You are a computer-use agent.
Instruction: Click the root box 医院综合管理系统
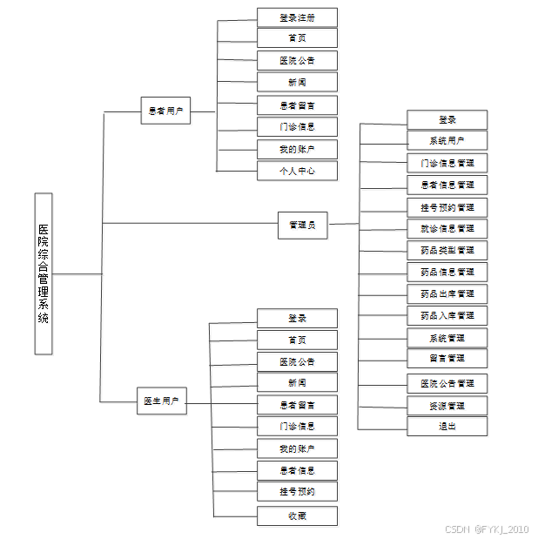(44, 273)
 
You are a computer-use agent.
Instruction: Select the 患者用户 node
(165, 111)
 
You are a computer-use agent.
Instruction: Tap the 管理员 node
(302, 225)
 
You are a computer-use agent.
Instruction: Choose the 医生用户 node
(161, 401)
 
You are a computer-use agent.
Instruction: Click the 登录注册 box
(297, 17)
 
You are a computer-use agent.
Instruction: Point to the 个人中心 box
(297, 171)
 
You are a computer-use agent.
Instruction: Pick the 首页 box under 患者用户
(297, 38)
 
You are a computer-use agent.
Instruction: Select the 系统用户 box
(447, 141)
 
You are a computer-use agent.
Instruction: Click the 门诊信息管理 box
(447, 163)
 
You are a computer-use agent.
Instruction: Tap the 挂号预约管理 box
(447, 207)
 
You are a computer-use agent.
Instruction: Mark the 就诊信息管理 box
(447, 228)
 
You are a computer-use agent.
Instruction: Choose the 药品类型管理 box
(447, 250)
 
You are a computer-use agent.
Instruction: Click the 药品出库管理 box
(447, 293)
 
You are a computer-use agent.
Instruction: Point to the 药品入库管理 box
(447, 315)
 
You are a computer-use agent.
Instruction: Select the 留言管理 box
(447, 358)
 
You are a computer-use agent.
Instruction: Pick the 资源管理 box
(447, 406)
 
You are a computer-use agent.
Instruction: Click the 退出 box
(447, 427)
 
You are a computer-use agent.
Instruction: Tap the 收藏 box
(297, 515)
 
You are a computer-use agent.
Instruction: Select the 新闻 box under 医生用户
(297, 383)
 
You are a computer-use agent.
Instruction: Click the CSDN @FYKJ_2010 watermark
(487, 529)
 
